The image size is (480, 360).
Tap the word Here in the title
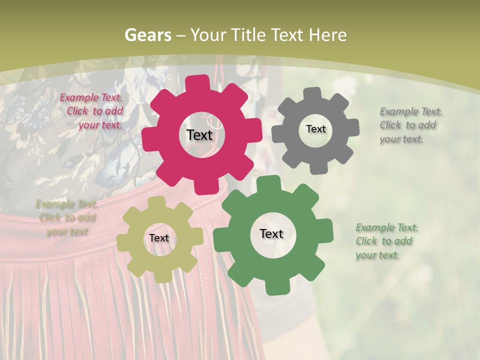click(327, 35)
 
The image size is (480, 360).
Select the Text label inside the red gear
click(199, 135)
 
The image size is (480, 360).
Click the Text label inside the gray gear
click(315, 129)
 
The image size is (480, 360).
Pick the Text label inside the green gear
click(271, 233)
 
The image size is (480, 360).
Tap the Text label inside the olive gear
click(159, 238)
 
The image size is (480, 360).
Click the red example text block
click(92, 111)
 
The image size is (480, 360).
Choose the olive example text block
click(67, 217)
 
